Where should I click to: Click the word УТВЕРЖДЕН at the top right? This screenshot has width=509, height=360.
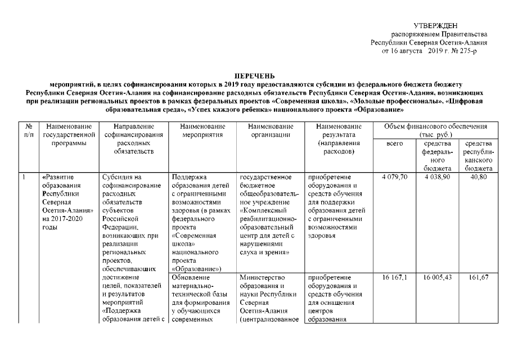coord(436,26)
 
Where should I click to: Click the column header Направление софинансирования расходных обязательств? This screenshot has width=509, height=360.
coord(133,139)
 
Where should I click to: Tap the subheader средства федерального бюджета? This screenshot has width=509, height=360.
coord(438,156)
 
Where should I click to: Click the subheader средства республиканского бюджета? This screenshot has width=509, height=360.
coord(478,156)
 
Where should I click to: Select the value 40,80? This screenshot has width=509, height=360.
coord(478,178)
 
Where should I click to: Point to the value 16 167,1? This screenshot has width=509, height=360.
coord(395,278)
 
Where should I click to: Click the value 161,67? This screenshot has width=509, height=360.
coord(478,278)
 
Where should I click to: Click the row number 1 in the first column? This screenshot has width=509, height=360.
coord(25,178)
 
